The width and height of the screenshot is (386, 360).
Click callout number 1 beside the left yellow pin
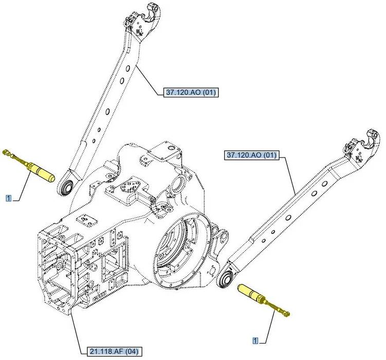pos(8,197)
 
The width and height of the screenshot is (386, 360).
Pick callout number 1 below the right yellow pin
pos(255,340)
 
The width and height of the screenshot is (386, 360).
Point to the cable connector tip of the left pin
pos(6,152)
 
